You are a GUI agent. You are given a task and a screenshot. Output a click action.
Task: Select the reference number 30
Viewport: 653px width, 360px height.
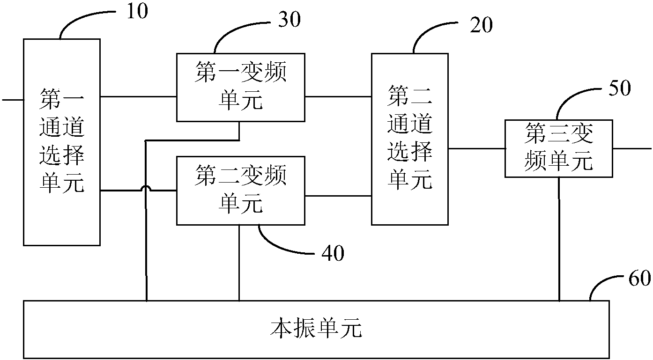click(x=289, y=20)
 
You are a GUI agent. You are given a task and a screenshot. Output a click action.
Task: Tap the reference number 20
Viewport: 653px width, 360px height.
click(x=481, y=26)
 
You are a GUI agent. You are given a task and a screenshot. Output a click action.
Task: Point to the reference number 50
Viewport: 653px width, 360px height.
click(x=620, y=88)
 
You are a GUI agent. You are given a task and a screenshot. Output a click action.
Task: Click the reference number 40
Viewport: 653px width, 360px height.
click(x=333, y=253)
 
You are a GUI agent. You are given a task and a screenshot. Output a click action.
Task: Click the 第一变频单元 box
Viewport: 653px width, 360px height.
click(x=240, y=87)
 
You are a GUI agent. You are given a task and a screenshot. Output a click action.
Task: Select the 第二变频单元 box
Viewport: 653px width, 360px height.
click(x=240, y=191)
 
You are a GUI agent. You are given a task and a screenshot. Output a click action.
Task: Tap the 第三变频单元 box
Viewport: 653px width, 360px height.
click(x=559, y=148)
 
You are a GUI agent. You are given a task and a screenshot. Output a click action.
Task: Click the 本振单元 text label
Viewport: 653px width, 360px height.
click(x=317, y=330)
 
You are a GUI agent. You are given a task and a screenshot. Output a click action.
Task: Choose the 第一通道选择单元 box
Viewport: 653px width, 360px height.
click(x=62, y=142)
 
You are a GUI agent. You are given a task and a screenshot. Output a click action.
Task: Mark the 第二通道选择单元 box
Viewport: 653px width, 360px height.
click(x=409, y=139)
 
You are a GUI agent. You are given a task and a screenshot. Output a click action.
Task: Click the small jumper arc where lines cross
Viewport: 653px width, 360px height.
click(x=147, y=188)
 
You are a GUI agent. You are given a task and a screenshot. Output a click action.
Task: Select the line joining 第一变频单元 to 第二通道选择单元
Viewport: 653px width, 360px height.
click(x=338, y=96)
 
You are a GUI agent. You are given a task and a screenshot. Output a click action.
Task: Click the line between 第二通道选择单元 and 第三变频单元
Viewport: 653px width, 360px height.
click(x=476, y=148)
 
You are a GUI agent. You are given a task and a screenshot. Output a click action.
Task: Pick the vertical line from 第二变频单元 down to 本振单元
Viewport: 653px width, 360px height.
click(x=239, y=262)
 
